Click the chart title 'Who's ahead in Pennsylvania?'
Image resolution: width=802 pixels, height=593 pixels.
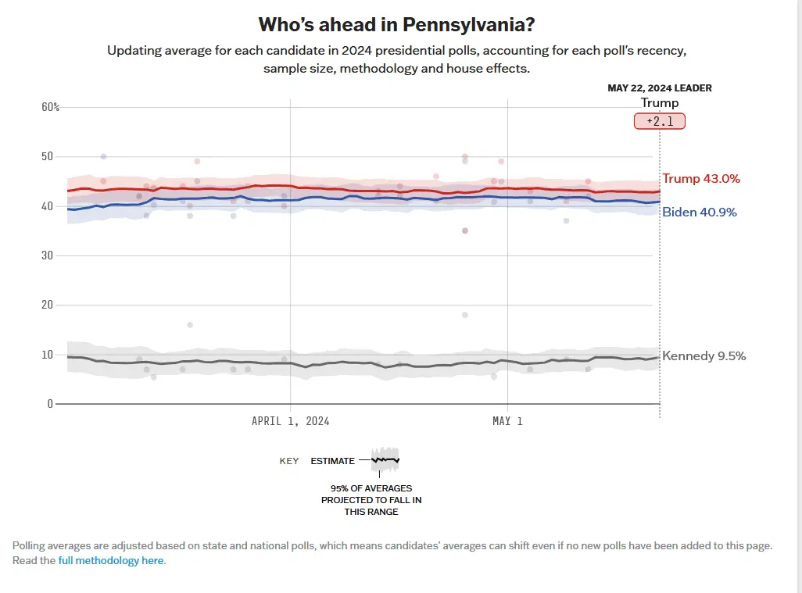click(396, 25)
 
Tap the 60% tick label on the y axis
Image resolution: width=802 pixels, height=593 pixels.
click(50, 107)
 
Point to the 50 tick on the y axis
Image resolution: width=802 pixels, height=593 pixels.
click(47, 156)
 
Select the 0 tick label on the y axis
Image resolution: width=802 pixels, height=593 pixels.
click(49, 404)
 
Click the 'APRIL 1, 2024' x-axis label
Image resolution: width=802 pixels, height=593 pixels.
click(290, 421)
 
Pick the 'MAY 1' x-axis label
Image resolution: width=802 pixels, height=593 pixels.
click(507, 421)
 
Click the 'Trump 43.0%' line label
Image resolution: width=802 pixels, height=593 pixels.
click(700, 179)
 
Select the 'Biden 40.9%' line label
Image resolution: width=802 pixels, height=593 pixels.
click(699, 212)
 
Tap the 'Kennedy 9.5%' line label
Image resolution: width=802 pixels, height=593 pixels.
click(704, 356)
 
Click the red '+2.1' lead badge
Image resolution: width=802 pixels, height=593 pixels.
click(659, 121)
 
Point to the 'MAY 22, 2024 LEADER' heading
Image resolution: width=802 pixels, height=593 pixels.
click(660, 88)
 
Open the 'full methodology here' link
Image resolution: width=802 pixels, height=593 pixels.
click(111, 560)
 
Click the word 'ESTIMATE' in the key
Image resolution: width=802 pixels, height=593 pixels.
click(332, 461)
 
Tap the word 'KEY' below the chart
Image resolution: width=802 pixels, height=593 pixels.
click(289, 461)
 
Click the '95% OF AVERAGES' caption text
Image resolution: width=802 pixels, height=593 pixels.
click(371, 488)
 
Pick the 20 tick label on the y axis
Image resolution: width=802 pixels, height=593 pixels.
click(47, 305)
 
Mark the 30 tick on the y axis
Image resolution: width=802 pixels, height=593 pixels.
click(47, 255)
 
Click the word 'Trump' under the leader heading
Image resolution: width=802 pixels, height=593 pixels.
click(660, 103)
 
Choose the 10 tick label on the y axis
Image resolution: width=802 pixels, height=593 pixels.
click(47, 355)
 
